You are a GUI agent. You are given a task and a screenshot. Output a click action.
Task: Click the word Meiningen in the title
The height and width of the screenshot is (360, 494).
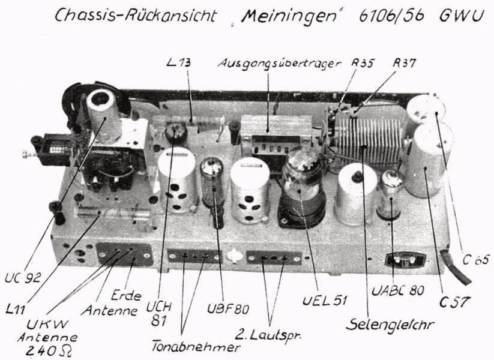click(x=289, y=16)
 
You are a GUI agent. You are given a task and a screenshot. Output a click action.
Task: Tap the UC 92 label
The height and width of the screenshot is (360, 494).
click(x=23, y=277)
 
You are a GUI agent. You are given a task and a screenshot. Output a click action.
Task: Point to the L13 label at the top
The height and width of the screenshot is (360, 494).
click(x=178, y=62)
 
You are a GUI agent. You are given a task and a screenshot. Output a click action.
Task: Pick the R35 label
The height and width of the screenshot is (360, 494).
click(x=363, y=63)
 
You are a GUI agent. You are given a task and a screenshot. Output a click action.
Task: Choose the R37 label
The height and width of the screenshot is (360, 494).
click(x=404, y=63)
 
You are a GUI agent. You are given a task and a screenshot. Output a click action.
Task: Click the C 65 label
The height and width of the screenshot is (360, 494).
click(x=476, y=260)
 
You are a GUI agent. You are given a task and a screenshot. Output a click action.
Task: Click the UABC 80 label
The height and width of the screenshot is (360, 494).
click(x=397, y=290)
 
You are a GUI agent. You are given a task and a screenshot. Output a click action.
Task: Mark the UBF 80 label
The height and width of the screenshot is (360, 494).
click(x=227, y=308)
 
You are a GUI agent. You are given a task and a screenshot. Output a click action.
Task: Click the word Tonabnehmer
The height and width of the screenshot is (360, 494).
click(x=195, y=347)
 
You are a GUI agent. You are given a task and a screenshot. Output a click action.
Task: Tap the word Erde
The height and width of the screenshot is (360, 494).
click(x=126, y=296)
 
